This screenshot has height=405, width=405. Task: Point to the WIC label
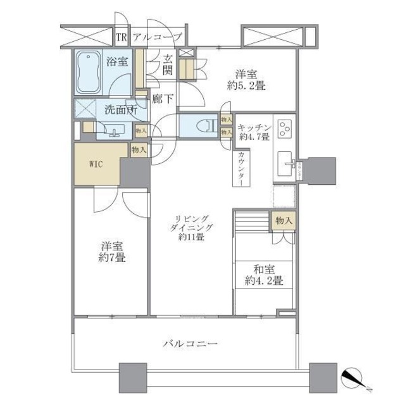click(96, 163)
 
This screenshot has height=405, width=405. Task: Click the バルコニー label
click(190, 344)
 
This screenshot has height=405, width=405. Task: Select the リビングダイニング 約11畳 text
click(190, 228)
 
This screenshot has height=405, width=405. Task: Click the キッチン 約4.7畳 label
click(254, 131)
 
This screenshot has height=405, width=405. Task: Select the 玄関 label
click(168, 65)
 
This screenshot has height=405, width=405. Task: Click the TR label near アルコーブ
click(121, 37)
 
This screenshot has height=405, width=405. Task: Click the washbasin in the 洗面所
click(115, 131)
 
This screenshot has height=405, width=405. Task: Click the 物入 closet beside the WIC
click(139, 150)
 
